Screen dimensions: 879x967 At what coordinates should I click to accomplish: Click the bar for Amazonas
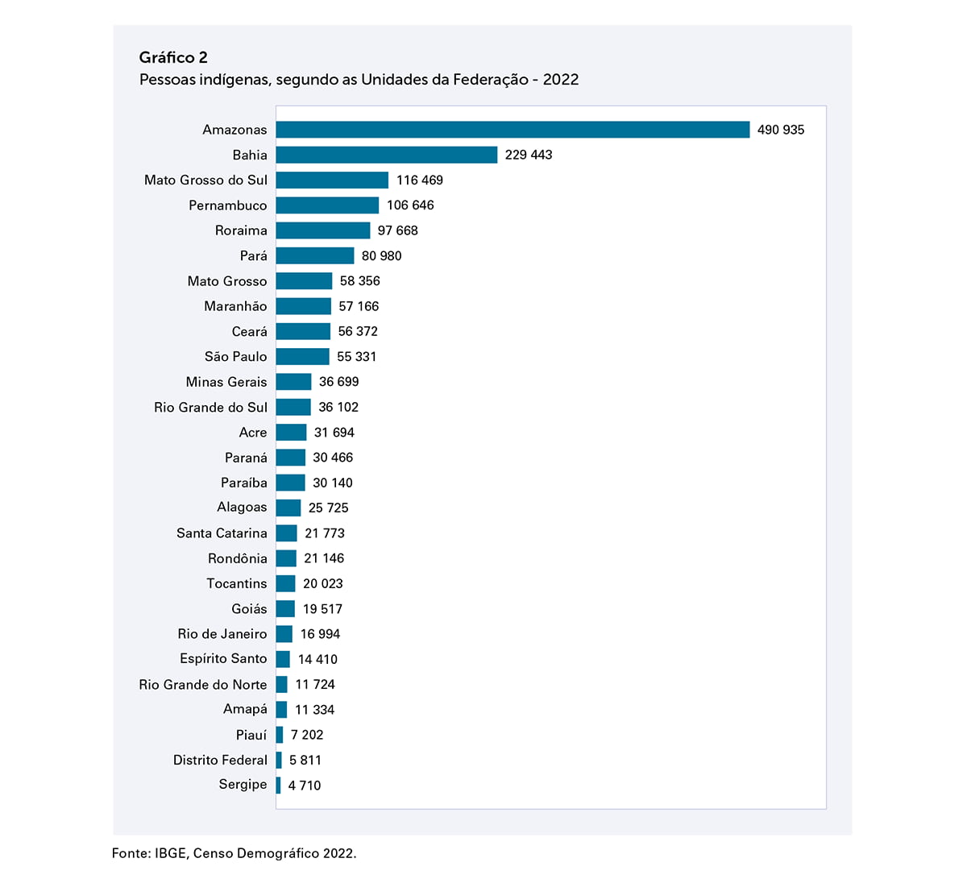(513, 130)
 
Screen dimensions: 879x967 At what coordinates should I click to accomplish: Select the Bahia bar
(386, 155)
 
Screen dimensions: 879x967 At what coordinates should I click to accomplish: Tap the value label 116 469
(419, 180)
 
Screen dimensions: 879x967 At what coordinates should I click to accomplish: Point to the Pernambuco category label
(227, 205)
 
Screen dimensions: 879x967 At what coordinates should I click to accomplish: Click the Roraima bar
(322, 230)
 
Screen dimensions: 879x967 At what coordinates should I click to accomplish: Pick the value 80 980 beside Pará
(381, 256)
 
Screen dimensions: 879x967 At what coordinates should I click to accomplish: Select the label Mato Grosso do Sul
(205, 180)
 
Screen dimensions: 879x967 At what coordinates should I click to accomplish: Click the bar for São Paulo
(302, 356)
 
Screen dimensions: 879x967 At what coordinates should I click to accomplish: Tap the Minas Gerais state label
(226, 382)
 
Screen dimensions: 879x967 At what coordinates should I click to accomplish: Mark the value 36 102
(338, 407)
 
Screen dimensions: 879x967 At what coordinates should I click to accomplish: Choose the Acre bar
(291, 432)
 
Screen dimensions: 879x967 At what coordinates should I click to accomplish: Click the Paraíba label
(243, 483)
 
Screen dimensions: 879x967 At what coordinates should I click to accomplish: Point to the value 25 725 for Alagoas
(328, 508)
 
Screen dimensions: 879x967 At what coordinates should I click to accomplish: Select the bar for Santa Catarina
(286, 533)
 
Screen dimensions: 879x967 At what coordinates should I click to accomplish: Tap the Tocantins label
(236, 583)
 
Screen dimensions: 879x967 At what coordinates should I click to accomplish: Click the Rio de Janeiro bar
(284, 634)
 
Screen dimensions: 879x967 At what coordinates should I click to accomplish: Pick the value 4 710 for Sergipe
(304, 786)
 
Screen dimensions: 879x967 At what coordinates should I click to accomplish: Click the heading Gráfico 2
(173, 57)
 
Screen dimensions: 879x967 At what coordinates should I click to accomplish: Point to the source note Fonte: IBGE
(234, 853)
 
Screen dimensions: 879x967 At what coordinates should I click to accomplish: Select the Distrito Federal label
(220, 760)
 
